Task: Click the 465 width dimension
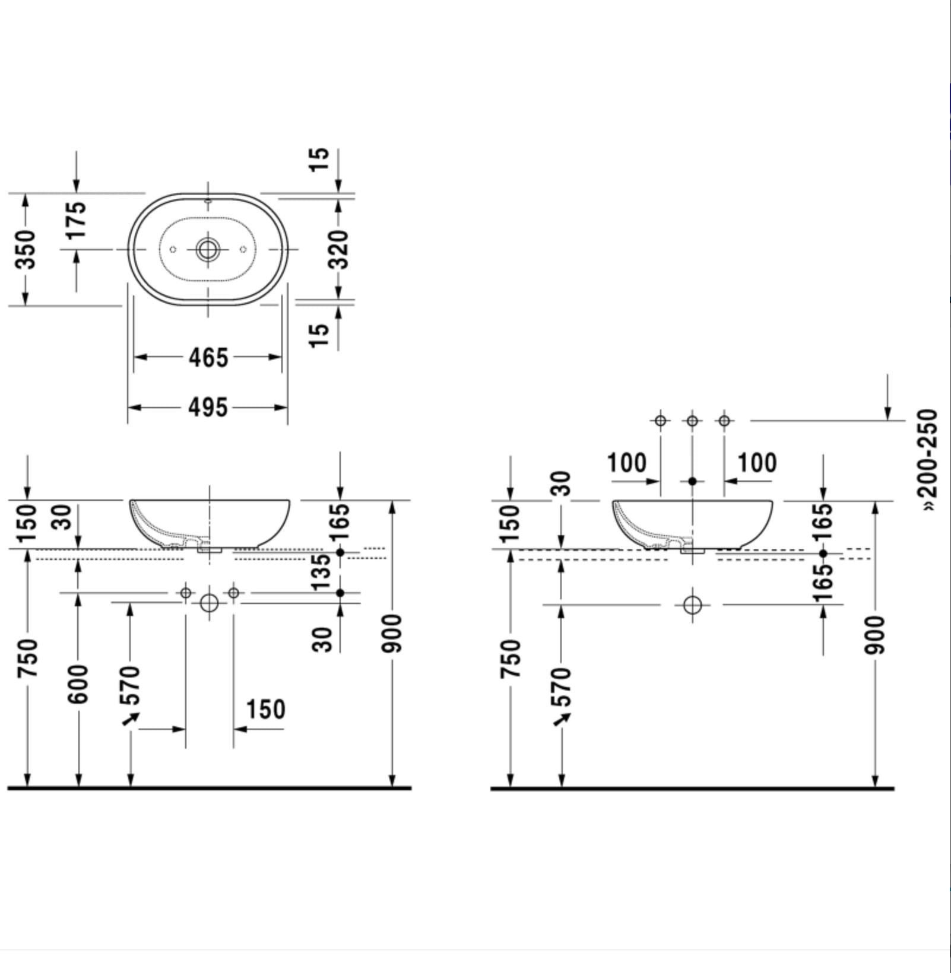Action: coord(208,358)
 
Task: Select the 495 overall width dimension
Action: coord(208,408)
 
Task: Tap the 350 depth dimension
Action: coord(26,249)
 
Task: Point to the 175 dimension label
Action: coord(76,220)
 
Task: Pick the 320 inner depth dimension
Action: coord(339,250)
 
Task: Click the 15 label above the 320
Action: coord(320,159)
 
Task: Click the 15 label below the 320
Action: coord(320,335)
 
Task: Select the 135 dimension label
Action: coord(321,571)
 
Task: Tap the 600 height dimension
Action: coord(78,685)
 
